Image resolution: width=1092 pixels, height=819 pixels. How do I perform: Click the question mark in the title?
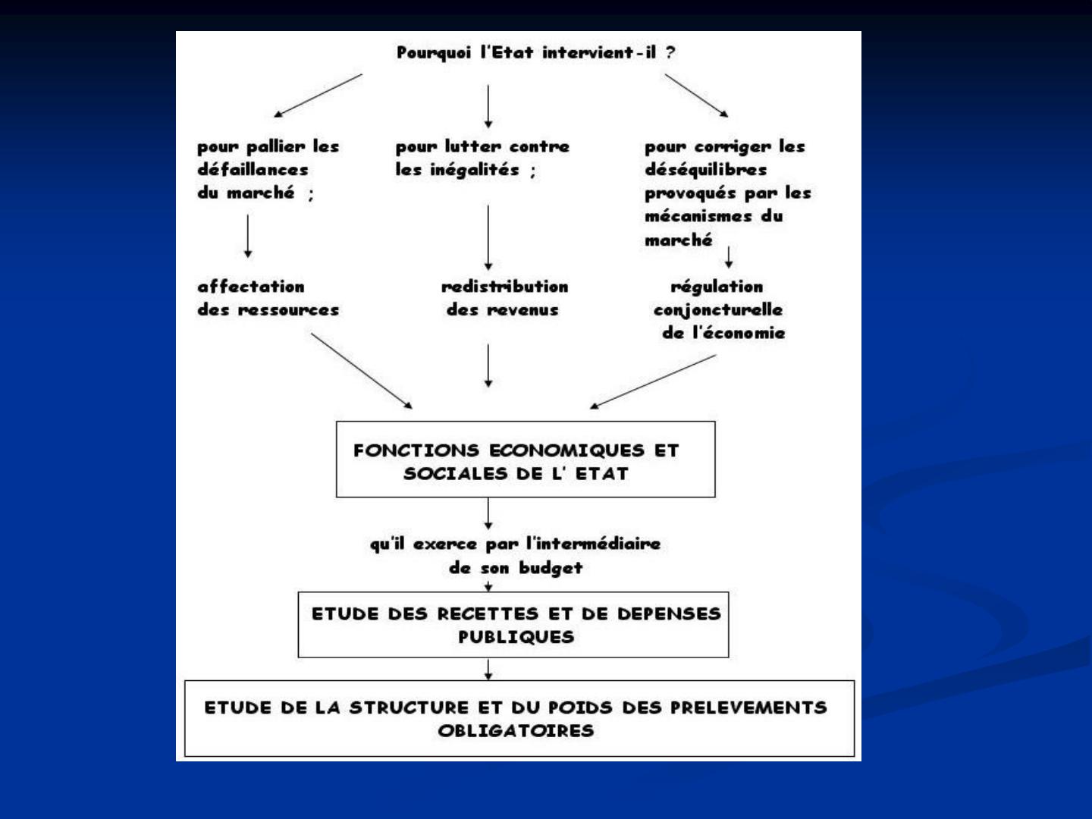pos(670,52)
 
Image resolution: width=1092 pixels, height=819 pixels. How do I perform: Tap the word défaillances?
pos(253,169)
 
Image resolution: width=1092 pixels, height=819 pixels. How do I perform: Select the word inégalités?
pos(475,170)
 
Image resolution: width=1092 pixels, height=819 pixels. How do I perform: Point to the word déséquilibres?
pos(705,170)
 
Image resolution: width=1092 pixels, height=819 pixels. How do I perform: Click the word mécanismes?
pos(698,216)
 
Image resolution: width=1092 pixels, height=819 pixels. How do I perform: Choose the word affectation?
pos(251,287)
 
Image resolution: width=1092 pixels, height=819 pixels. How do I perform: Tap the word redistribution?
pos(504,287)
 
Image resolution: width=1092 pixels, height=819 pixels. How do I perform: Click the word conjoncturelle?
pos(718,310)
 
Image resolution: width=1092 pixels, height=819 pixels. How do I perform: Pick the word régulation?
pos(717,287)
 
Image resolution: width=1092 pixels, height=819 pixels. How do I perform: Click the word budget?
pos(551,568)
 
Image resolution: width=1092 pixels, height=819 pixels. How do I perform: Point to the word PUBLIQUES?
pos(516,636)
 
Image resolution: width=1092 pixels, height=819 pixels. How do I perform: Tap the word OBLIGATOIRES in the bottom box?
pos(516,730)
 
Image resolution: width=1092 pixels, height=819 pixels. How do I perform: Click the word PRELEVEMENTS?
pos(748,707)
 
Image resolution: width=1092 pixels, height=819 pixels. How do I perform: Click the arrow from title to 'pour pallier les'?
pos(318,96)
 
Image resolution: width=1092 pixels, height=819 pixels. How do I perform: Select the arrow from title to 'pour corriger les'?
pos(696,96)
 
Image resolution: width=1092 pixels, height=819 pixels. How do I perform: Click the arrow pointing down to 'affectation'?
pos(248,236)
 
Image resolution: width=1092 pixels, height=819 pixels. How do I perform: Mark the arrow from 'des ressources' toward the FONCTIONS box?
pos(362,371)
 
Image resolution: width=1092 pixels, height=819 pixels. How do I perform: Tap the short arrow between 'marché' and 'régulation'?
pos(729,257)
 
